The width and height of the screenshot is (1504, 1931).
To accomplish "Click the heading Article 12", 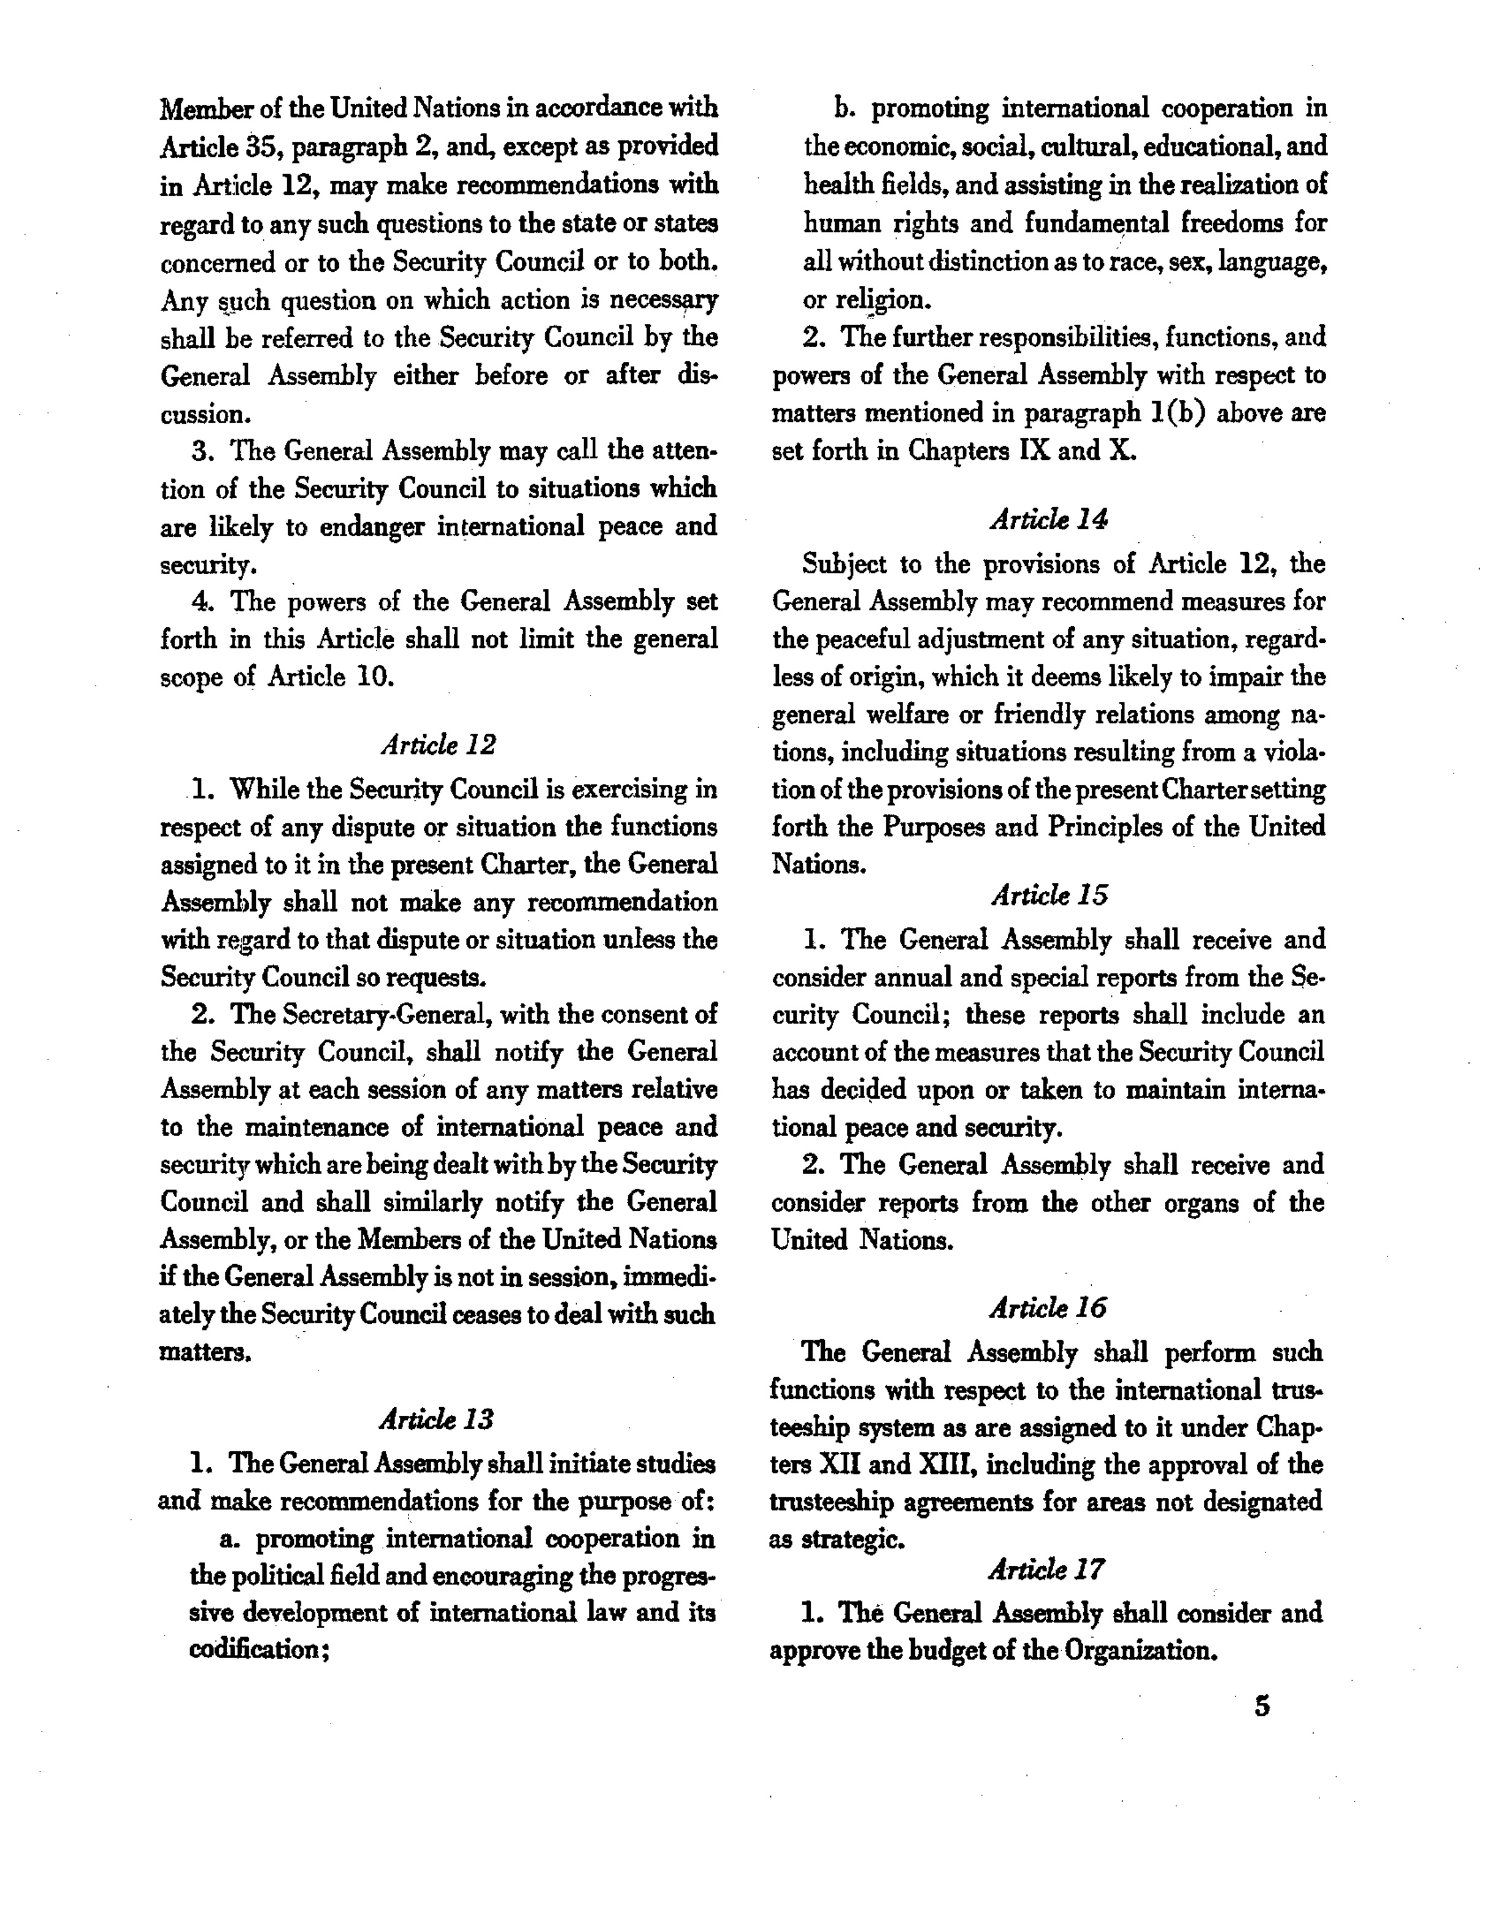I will (x=439, y=745).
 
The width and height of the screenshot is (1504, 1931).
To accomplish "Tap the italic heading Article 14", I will (x=1049, y=519).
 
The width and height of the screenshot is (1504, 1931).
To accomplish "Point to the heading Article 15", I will (x=1049, y=896).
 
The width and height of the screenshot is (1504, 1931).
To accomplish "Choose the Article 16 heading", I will (x=1048, y=1308).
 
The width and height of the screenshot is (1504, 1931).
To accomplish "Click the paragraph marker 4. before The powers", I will (x=202, y=602).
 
